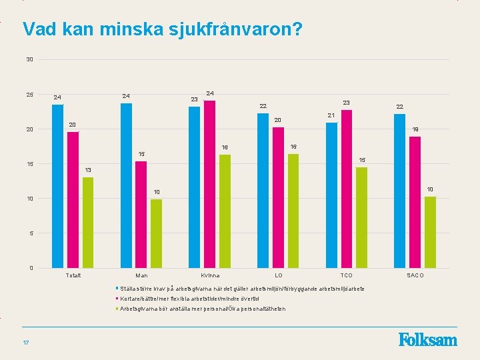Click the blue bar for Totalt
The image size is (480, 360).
(57, 186)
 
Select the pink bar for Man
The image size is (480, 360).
(141, 214)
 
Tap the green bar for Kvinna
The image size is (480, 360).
(225, 211)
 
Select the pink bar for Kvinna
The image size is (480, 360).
(209, 184)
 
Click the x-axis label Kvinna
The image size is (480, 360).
(210, 275)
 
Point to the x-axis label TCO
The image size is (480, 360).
(346, 275)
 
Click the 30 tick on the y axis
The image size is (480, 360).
(29, 60)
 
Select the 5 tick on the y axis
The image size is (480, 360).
(31, 233)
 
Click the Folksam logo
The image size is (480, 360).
(428, 340)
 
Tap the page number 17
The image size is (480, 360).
(25, 343)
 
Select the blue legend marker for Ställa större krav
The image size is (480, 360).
(117, 288)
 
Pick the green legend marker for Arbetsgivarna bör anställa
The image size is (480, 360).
(117, 309)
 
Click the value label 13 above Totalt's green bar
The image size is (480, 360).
(88, 170)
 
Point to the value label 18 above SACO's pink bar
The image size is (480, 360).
(415, 129)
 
